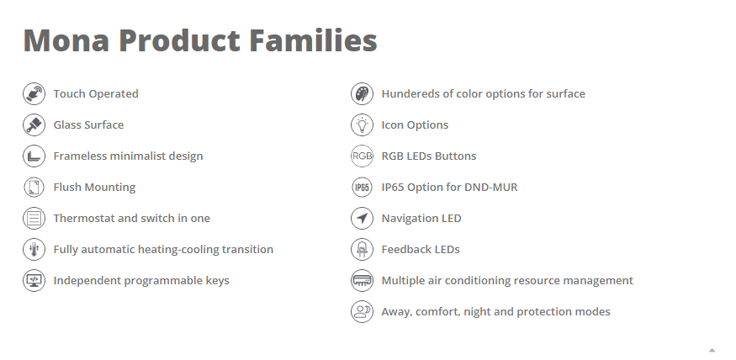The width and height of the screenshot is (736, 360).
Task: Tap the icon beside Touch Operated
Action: tap(34, 94)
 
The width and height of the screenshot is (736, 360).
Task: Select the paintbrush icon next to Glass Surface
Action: tap(34, 125)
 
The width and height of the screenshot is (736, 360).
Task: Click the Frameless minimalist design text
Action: tap(128, 156)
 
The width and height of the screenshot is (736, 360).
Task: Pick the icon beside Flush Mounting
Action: tap(34, 188)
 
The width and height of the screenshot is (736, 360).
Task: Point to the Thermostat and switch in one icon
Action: tap(34, 219)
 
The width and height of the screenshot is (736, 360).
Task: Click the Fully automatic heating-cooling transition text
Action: tap(163, 250)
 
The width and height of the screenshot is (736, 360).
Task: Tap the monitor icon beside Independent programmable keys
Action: tap(34, 281)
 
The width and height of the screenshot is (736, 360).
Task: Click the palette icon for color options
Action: tap(362, 94)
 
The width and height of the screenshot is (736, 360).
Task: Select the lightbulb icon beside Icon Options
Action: tap(362, 125)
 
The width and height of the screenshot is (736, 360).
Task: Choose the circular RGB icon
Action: tap(362, 156)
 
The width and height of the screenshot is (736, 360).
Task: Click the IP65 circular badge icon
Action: tap(362, 188)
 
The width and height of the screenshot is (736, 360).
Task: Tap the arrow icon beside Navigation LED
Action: tap(362, 219)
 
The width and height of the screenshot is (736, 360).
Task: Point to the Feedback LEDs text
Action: tap(421, 250)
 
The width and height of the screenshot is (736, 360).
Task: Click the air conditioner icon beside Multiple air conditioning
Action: tap(362, 281)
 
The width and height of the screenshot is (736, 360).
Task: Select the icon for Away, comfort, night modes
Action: tap(362, 312)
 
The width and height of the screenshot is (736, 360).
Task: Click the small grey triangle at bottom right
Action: tap(712, 349)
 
